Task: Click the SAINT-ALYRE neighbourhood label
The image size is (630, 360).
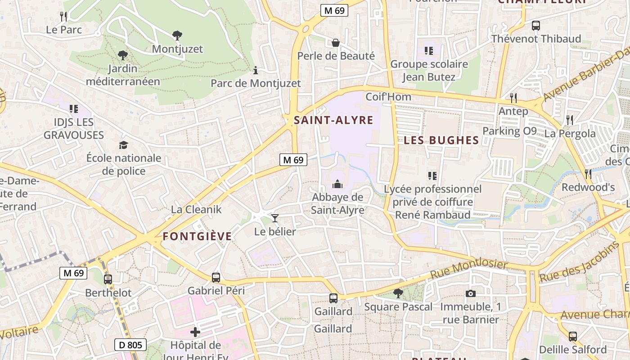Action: (x=333, y=120)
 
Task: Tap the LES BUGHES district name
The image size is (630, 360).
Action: (x=441, y=140)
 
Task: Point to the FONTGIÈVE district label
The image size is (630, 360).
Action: (x=197, y=236)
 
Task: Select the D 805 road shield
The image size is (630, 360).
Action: (x=130, y=345)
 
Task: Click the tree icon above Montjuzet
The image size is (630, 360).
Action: (x=177, y=35)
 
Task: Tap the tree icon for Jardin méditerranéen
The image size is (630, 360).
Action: (x=122, y=55)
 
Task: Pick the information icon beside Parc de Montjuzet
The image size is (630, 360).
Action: (x=256, y=70)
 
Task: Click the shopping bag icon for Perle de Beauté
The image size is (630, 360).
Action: (x=336, y=43)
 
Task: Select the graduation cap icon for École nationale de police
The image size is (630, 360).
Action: (x=123, y=144)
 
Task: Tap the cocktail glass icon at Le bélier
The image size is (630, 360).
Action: (x=275, y=218)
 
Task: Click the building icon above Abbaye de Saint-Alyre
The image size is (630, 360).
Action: (x=337, y=184)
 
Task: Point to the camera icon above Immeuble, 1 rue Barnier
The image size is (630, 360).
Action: (x=470, y=293)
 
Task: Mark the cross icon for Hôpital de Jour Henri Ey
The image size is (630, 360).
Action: (x=195, y=332)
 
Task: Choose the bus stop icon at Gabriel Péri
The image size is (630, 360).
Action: (x=216, y=277)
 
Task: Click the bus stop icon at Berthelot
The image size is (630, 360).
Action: (x=108, y=279)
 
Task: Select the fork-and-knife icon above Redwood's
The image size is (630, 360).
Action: (x=588, y=174)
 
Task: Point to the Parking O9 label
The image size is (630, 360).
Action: (x=510, y=131)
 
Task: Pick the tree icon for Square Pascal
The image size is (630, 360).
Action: (x=398, y=293)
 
